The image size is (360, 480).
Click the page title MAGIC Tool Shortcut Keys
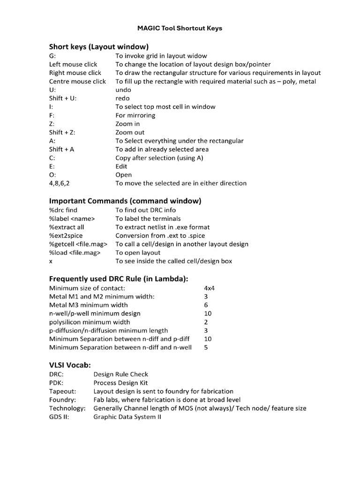point(180,28)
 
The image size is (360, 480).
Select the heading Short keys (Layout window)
point(99,46)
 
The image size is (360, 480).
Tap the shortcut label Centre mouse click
point(77,81)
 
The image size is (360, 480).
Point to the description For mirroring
point(135,115)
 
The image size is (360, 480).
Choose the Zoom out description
point(130,132)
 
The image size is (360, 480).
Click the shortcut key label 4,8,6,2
point(61,183)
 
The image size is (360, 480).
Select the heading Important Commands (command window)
point(125,201)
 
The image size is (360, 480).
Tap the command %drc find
point(63,210)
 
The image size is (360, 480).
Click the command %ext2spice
point(66,235)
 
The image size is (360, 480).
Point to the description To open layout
point(138,252)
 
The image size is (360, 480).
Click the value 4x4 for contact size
point(209,288)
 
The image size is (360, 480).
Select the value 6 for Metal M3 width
point(206,305)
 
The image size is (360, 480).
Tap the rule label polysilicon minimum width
point(90,322)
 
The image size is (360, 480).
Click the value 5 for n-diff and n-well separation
point(206,347)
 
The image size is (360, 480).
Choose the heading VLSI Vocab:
point(70,365)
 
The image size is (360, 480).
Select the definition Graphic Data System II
point(127,416)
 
